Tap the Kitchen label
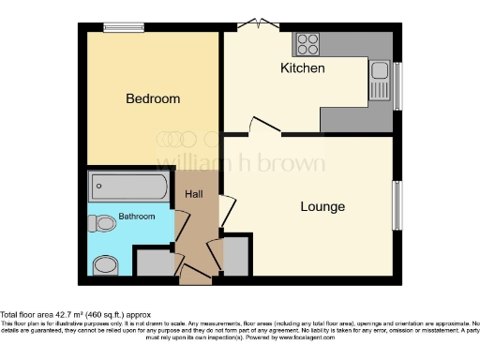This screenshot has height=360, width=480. click(303, 68)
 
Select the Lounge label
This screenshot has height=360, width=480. click(322, 206)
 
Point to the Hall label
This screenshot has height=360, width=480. click(193, 193)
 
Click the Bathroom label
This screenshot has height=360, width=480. click(137, 217)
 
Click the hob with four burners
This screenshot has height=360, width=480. click(307, 44)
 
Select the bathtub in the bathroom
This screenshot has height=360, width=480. click(128, 187)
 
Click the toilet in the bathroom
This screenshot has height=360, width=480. click(100, 223)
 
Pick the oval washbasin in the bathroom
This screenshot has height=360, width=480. click(106, 265)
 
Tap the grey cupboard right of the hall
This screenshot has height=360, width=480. click(235, 256)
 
